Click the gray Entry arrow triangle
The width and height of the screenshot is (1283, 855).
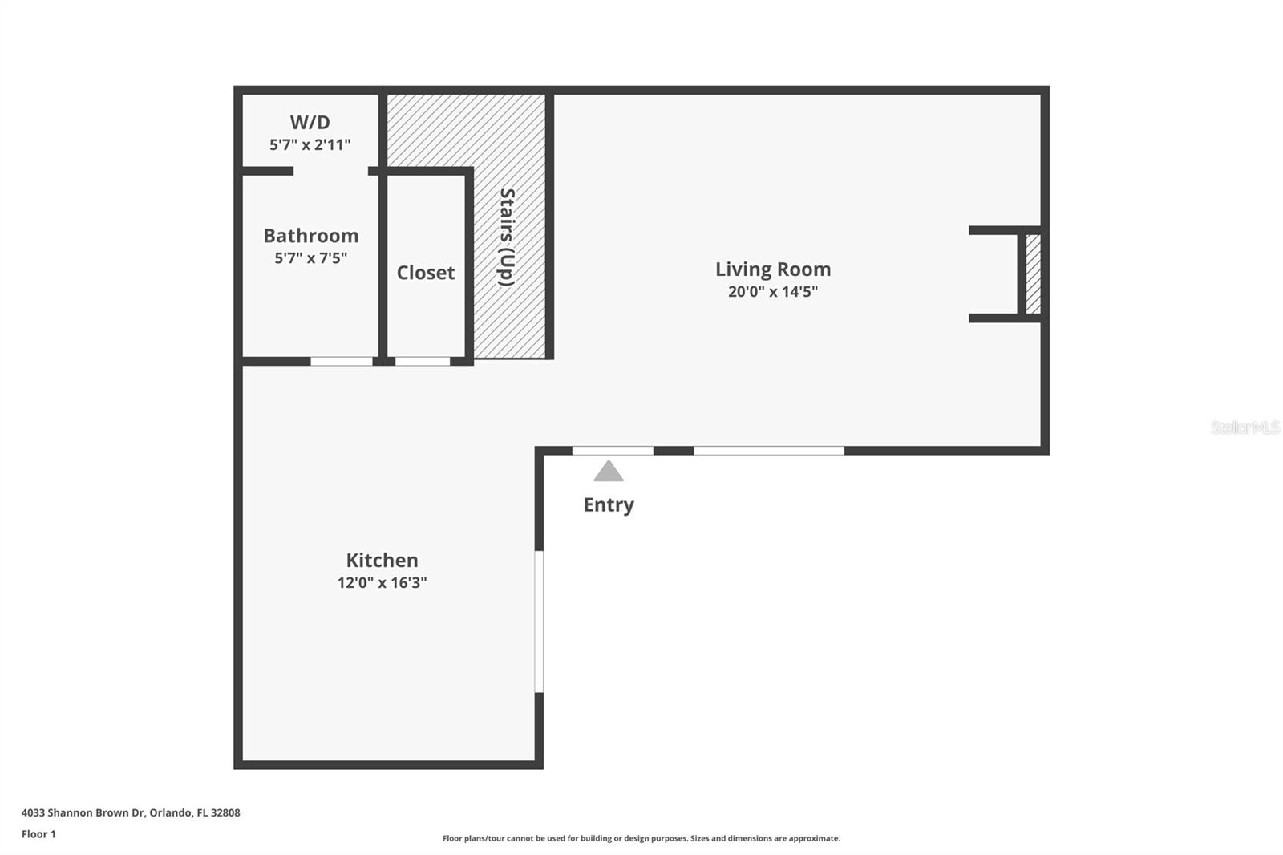(609, 471)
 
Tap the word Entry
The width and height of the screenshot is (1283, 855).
(609, 504)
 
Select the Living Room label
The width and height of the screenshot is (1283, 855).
(773, 269)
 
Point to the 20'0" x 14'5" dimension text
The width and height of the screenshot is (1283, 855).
(773, 292)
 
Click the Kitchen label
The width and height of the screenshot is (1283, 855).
(382, 560)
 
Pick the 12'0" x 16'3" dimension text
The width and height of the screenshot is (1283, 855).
(382, 583)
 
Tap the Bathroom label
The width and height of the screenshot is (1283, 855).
(311, 236)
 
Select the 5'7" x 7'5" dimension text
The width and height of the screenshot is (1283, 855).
(311, 258)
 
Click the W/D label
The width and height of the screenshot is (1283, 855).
(310, 122)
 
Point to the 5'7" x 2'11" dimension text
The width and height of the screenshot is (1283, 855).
(310, 144)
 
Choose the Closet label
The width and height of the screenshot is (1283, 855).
(426, 273)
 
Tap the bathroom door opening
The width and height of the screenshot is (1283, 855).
(342, 361)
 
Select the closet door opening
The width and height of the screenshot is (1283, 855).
(423, 361)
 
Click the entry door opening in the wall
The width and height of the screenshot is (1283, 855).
(613, 451)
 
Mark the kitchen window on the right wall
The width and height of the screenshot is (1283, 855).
(539, 621)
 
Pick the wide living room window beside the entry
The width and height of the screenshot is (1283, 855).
(769, 451)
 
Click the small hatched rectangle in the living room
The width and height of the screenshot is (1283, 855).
(1034, 274)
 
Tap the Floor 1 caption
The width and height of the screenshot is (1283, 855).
(39, 834)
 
